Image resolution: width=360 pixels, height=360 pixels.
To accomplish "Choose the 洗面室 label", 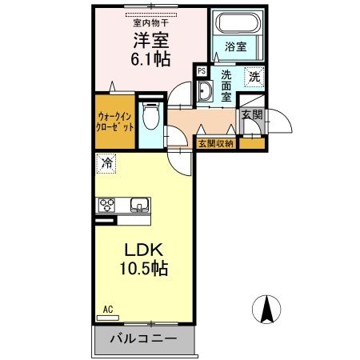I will tap(229, 85).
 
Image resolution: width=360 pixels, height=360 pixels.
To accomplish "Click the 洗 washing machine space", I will tap(254, 78).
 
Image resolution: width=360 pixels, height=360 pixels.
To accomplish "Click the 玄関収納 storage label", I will tap(217, 144).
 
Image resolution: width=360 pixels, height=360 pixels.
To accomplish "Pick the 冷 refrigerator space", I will tap(106, 164).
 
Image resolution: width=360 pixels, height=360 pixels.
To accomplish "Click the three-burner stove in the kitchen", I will tap(107, 206).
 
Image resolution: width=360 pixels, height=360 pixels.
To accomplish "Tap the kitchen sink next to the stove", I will tap(140, 206).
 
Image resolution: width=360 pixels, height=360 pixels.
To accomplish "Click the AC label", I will tap(106, 307).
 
